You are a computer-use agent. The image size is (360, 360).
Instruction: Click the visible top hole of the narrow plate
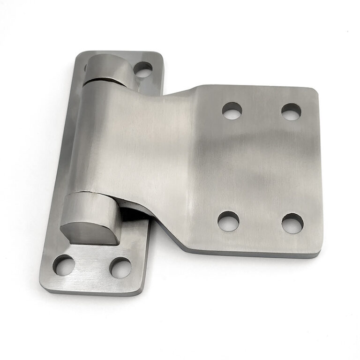click(142, 69)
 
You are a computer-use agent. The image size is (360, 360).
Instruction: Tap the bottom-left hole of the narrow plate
click(64, 265)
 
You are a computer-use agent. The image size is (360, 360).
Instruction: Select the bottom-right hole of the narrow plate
click(120, 267)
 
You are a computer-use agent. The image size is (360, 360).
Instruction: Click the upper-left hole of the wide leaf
click(232, 110)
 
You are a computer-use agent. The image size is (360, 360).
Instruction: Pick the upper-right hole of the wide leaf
click(291, 112)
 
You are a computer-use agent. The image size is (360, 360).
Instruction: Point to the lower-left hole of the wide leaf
click(228, 220)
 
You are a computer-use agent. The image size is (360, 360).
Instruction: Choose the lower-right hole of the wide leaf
click(292, 223)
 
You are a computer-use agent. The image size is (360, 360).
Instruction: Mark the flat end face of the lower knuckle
click(89, 233)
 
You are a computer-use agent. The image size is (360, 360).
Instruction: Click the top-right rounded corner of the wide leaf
click(313, 92)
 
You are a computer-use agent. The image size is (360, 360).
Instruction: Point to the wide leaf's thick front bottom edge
click(253, 254)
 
